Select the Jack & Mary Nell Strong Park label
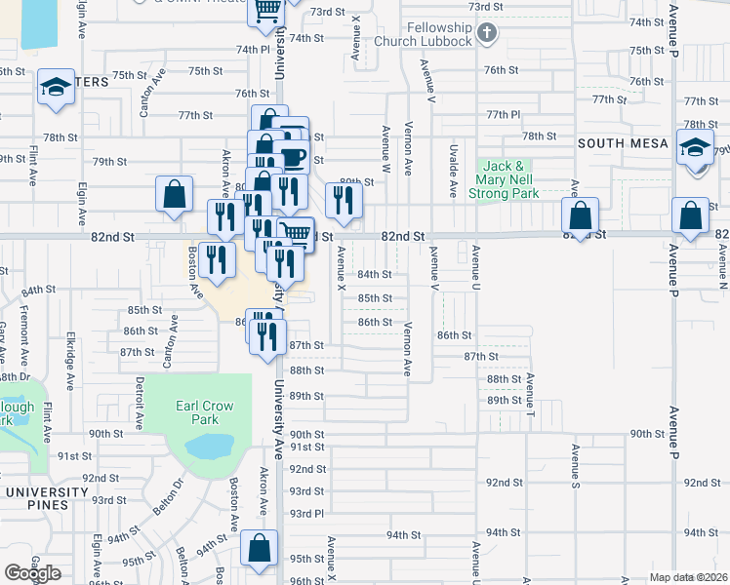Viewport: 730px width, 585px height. (x=507, y=179)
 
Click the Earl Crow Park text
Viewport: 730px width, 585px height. (x=202, y=411)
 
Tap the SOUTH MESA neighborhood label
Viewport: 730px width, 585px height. (x=623, y=143)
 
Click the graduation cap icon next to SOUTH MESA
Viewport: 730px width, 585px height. (x=694, y=147)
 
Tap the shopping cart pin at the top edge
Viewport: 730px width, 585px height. (x=268, y=11)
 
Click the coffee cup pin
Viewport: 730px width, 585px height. (x=292, y=155)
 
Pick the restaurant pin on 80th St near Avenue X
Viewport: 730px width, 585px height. (x=343, y=199)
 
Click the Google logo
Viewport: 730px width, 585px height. (x=32, y=574)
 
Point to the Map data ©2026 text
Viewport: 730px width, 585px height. (x=688, y=577)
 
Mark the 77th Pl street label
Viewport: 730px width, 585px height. (x=504, y=114)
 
